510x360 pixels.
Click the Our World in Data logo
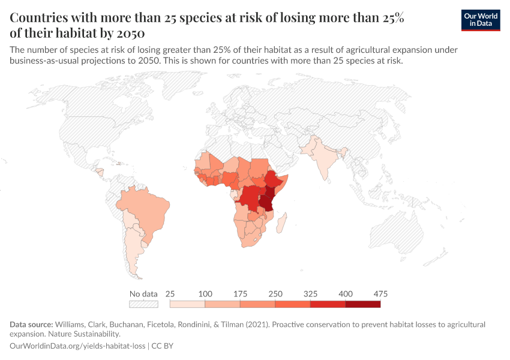point(480,20)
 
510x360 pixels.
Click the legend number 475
point(380,294)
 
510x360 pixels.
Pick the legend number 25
point(170,294)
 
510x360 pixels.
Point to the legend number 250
point(275,294)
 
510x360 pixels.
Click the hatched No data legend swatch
point(143,304)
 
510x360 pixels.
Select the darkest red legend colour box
point(362,304)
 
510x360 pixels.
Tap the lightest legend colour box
point(188,304)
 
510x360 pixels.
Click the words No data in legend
point(143,294)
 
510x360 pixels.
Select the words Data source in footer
point(31,325)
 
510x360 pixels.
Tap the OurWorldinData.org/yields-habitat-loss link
point(78,346)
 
